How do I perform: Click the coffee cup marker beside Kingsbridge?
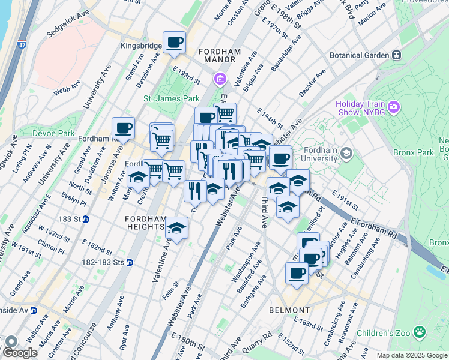[x=174, y=43]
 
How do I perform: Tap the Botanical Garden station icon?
[x=397, y=55]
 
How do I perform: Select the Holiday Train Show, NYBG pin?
[x=394, y=107]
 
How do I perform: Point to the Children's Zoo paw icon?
[x=420, y=332]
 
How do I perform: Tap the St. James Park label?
[x=171, y=98]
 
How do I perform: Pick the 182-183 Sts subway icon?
[x=130, y=262]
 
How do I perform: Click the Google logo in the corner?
[x=19, y=353]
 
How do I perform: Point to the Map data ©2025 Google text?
[x=411, y=355]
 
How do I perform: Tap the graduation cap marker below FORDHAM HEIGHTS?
[x=176, y=227]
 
